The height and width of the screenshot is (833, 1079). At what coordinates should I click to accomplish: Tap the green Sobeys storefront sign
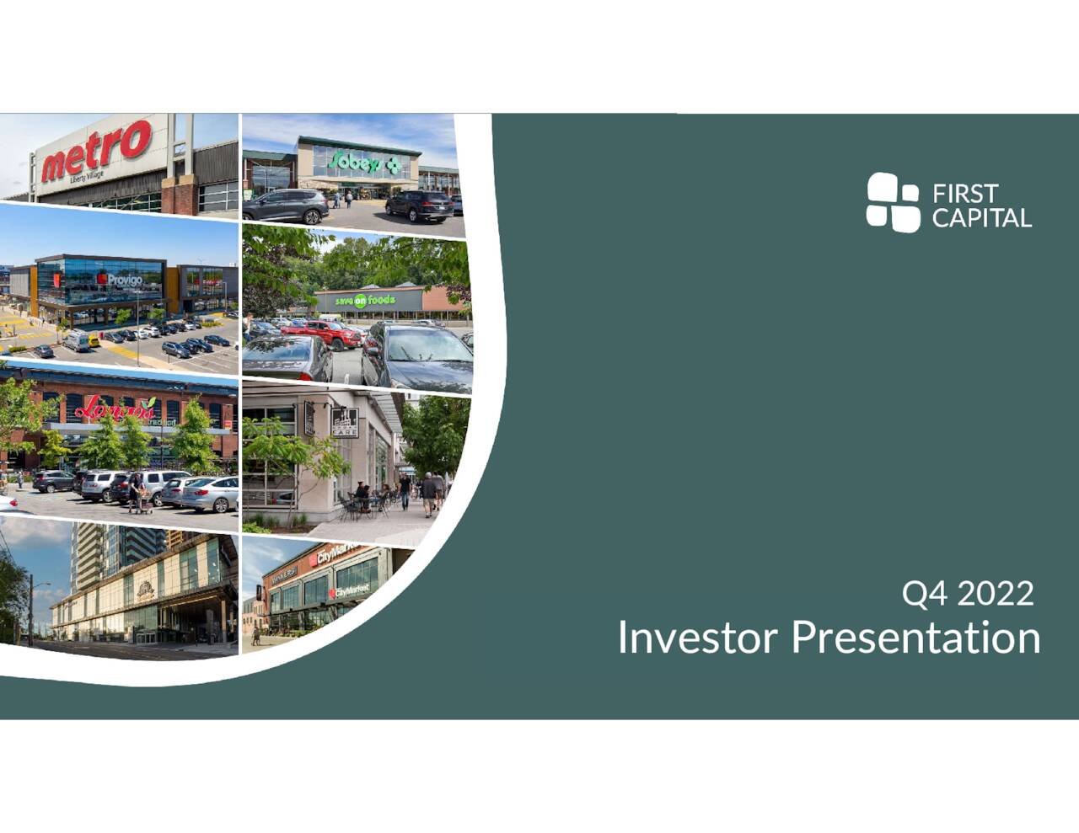tap(365, 163)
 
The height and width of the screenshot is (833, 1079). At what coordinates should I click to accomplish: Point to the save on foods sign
tap(366, 300)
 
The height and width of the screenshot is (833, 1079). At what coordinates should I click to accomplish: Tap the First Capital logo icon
tap(893, 202)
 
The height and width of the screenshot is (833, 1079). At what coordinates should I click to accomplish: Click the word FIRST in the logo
tap(965, 194)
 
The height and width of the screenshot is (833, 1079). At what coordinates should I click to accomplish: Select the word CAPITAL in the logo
tap(981, 218)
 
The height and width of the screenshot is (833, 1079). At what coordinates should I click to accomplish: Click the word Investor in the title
tap(696, 638)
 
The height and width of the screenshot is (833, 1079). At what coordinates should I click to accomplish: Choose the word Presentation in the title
tap(915, 638)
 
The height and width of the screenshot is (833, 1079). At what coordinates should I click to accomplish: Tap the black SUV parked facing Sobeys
tap(419, 206)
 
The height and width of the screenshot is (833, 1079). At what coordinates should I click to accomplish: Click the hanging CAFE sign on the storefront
tap(344, 422)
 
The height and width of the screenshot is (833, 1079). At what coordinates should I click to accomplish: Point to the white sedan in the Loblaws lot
tap(210, 495)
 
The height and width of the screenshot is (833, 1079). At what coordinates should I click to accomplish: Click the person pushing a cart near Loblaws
tap(136, 491)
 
